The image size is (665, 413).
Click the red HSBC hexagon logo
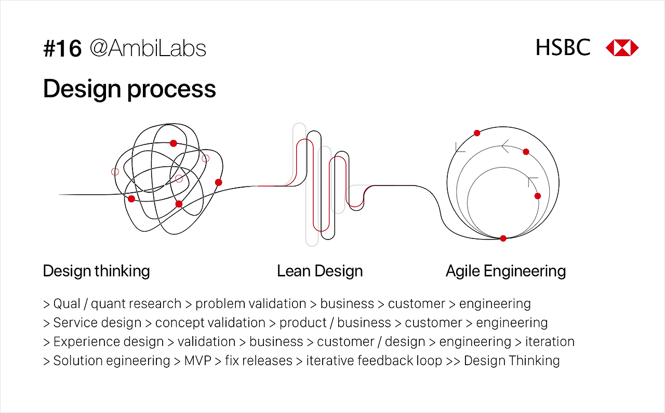click(x=622, y=48)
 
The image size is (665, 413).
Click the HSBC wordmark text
click(x=563, y=48)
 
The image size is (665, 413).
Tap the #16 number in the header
click(x=62, y=49)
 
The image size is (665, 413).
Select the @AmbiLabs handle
click(x=148, y=49)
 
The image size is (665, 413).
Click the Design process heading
click(x=129, y=89)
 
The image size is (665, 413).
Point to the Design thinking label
click(x=96, y=271)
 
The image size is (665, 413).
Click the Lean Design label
click(x=320, y=271)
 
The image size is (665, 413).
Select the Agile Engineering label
click(x=506, y=271)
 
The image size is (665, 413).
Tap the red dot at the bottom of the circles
click(x=503, y=238)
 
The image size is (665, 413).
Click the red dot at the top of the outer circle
click(x=477, y=133)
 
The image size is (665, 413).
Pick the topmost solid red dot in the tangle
click(x=174, y=143)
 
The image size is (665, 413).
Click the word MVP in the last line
click(x=198, y=361)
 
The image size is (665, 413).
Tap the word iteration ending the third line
click(x=550, y=342)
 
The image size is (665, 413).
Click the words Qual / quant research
click(x=117, y=304)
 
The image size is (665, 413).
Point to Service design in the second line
click(x=97, y=323)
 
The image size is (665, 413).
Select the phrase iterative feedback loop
click(x=374, y=361)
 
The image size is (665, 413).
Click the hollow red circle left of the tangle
click(x=115, y=171)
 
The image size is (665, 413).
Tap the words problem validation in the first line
click(x=250, y=304)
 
